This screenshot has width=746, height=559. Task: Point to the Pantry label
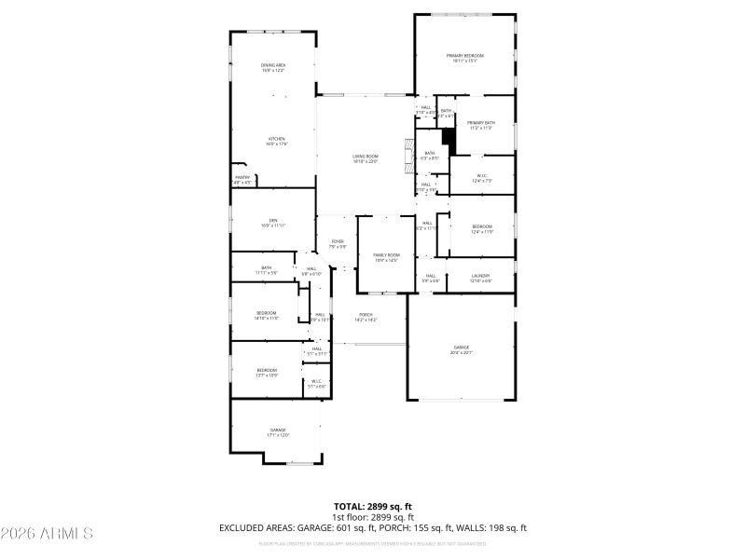[242, 180]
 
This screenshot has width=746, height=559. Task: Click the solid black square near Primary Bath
[449, 141]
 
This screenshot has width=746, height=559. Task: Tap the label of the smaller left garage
[278, 432]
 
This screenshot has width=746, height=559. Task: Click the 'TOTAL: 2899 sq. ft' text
[373, 507]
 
